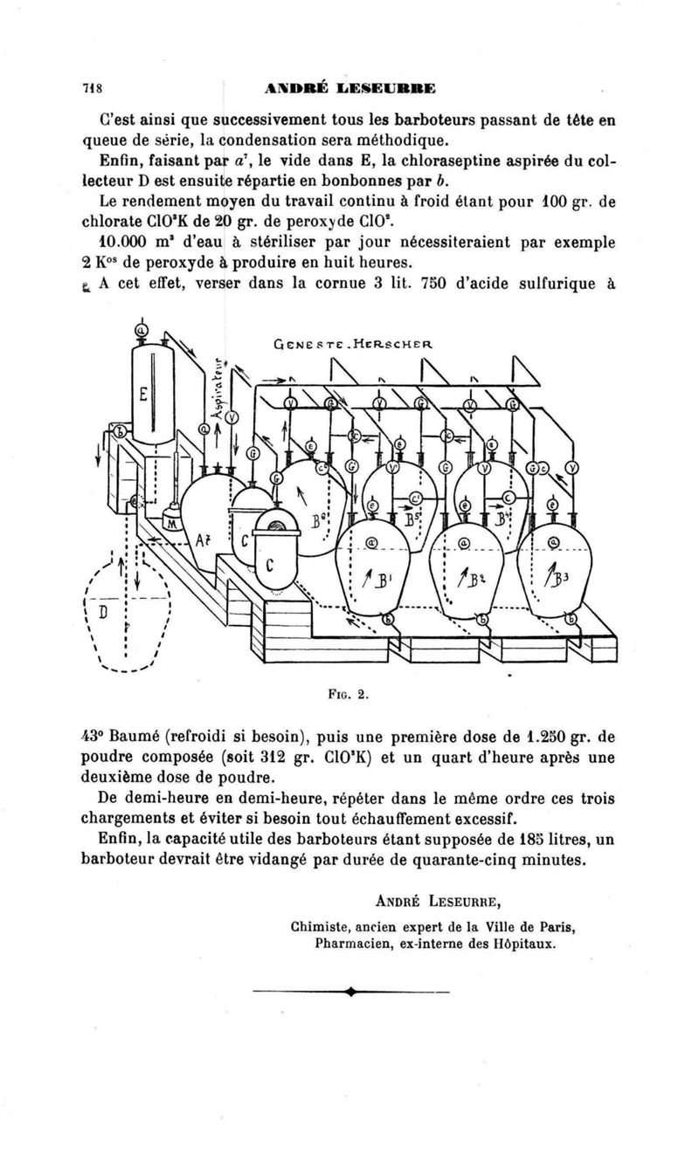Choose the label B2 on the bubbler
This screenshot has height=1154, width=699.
(x=471, y=580)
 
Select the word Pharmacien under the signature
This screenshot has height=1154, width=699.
(x=356, y=943)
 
